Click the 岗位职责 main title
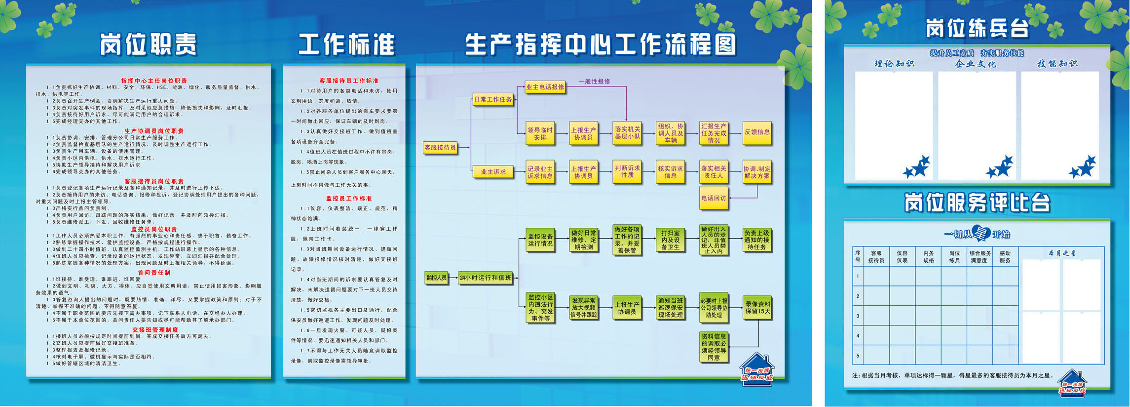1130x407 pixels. (149, 44)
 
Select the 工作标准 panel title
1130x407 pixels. (346, 44)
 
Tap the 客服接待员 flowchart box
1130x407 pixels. (440, 147)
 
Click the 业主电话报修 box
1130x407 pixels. (545, 87)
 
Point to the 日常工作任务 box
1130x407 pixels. (493, 99)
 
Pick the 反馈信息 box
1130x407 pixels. (757, 132)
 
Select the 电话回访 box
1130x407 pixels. (714, 198)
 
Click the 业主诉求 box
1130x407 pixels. (492, 172)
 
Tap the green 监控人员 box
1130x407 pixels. (436, 278)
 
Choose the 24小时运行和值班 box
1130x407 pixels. (486, 278)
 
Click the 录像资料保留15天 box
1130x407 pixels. (757, 308)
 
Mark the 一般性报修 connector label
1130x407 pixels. (594, 81)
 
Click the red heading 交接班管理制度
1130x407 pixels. (155, 329)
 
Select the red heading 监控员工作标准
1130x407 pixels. (348, 198)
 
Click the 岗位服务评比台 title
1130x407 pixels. (977, 203)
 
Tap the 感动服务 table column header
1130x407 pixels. (1005, 257)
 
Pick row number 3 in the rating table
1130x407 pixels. (858, 316)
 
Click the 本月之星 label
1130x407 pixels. (1062, 253)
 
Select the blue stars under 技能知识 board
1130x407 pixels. (1082, 167)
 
